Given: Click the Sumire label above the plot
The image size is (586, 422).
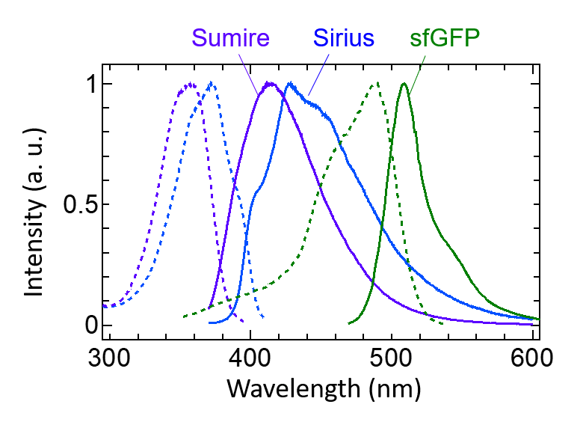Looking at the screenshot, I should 229,38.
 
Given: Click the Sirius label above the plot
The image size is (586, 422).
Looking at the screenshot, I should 343,38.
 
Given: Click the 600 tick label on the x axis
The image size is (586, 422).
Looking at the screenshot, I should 532,357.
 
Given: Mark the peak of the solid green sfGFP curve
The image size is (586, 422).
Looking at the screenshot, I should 404,83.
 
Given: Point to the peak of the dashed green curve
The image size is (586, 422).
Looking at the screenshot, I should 377,83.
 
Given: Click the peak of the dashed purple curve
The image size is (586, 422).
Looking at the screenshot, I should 189,84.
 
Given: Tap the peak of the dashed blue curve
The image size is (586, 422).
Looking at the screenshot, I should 212,83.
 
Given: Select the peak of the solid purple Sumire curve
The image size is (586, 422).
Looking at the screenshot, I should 270,83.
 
